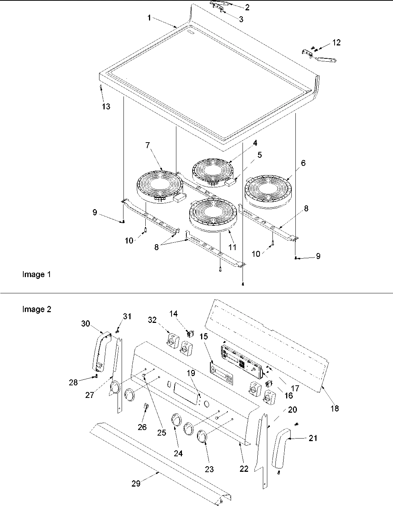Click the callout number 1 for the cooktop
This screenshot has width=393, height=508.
tap(149, 18)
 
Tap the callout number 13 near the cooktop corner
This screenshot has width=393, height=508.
tap(106, 106)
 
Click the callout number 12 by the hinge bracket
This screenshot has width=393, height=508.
tap(336, 42)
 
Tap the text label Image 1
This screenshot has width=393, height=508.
tap(36, 275)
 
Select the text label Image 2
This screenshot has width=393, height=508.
tap(37, 309)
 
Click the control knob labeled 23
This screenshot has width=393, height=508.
tap(202, 436)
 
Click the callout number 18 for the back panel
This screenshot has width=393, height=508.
tap(335, 408)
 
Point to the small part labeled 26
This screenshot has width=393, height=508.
tap(146, 408)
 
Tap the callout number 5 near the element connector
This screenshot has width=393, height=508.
tap(260, 155)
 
